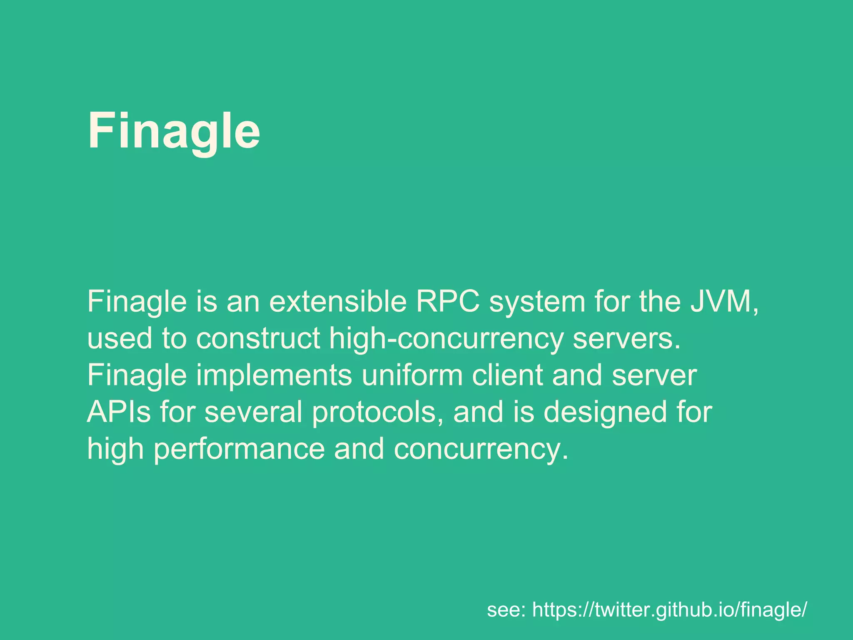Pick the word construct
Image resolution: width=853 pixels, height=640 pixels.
pyautogui.click(x=258, y=338)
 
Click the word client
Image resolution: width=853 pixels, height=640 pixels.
pyautogui.click(x=507, y=375)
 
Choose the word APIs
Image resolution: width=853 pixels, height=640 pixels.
pyautogui.click(x=119, y=412)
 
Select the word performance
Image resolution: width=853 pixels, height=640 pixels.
pyautogui.click(x=239, y=450)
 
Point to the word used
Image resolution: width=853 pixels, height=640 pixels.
pyautogui.click(x=120, y=338)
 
